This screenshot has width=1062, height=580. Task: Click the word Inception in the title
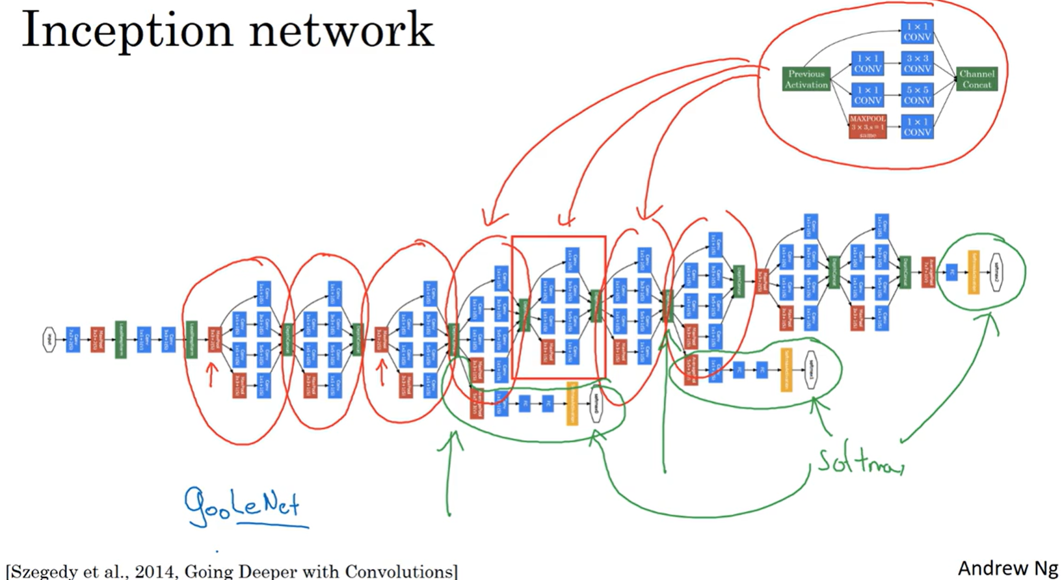click(127, 30)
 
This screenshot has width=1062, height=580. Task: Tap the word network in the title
click(341, 30)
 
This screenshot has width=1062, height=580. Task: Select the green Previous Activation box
click(806, 79)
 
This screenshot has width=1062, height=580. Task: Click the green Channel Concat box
click(976, 79)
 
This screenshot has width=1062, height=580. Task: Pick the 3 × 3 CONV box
click(917, 63)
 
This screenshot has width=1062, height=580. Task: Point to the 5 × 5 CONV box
click(917, 95)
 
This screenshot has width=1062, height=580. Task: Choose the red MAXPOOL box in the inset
click(868, 126)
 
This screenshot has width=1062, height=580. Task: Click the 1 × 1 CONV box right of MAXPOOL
click(917, 126)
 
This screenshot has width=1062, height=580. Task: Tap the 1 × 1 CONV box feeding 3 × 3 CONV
click(868, 63)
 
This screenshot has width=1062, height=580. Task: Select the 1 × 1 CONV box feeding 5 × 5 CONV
click(868, 95)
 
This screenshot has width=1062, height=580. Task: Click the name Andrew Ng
click(1007, 568)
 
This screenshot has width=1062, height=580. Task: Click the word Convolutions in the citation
click(398, 572)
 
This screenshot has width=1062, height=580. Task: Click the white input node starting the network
click(49, 339)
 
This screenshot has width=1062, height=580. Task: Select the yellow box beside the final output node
click(973, 272)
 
